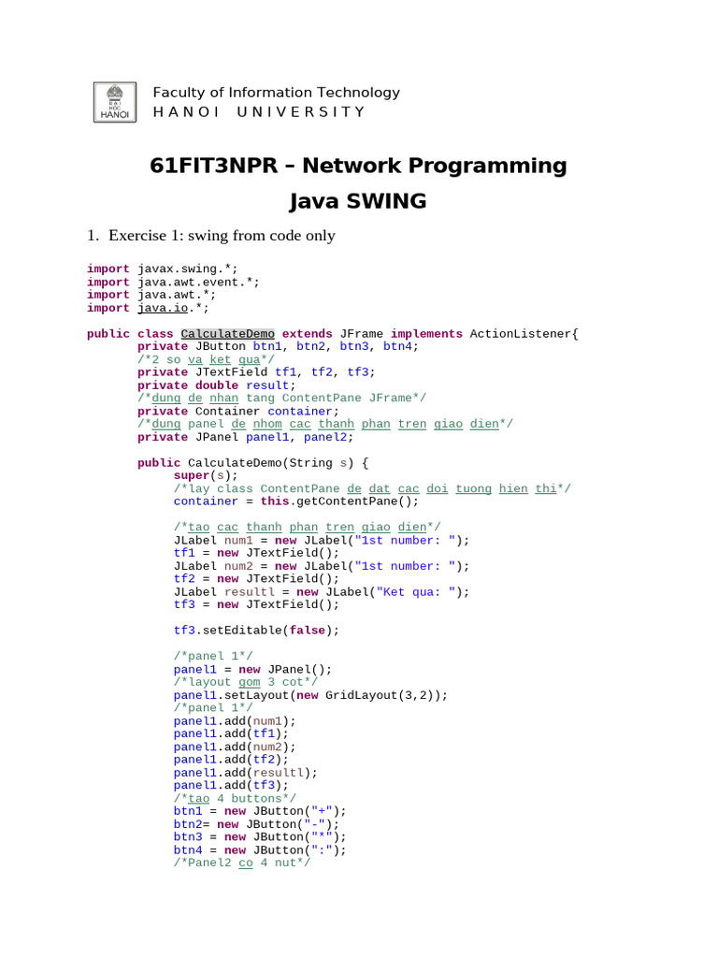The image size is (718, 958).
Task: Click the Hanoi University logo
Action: [x=115, y=102]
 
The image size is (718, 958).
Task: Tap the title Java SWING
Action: [x=358, y=200]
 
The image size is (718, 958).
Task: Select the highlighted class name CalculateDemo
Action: [x=228, y=334]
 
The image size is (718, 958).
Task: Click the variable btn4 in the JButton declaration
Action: [x=401, y=346]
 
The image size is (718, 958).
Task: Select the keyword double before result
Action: [x=217, y=385]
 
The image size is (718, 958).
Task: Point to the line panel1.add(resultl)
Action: [x=245, y=773]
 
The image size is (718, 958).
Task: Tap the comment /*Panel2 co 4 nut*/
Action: [x=241, y=863]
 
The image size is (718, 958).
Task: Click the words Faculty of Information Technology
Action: [x=276, y=93]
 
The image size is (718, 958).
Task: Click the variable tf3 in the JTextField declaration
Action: [x=358, y=372]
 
